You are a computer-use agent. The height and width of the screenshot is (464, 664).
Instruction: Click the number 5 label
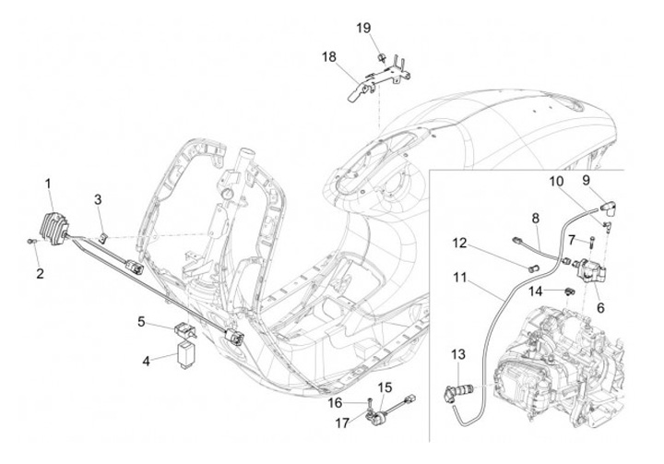142,321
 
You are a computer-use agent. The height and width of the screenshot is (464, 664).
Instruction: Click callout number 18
329,56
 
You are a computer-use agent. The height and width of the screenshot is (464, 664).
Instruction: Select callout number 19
364,29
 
